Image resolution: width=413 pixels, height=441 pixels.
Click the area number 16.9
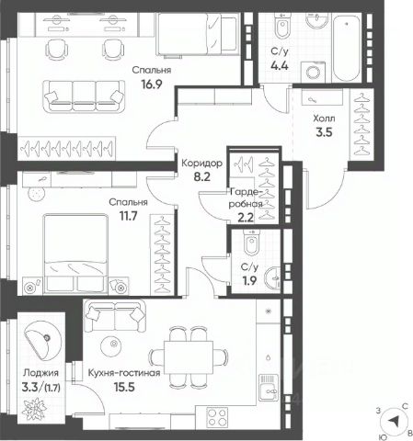[x=152, y=84]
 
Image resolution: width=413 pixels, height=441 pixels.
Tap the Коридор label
[x=201, y=164]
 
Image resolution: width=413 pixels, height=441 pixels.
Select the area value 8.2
[x=202, y=176]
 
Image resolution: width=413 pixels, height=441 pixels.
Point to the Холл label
[x=324, y=119]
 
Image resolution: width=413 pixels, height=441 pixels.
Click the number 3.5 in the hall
[x=324, y=132]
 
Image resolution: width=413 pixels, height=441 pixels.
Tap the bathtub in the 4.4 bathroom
[x=347, y=48]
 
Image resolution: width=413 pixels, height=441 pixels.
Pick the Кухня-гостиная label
[x=124, y=373]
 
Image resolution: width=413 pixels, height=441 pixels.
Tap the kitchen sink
[x=269, y=388]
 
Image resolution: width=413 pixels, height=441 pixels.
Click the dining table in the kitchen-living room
[x=189, y=357]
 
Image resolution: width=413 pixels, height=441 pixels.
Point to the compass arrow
[x=394, y=422]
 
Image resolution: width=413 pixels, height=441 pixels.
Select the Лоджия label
[x=41, y=373]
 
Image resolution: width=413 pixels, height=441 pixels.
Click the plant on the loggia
[x=33, y=409]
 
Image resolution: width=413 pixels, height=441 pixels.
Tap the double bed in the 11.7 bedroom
[x=75, y=254]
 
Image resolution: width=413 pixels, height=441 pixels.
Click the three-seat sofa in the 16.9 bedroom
[x=84, y=96]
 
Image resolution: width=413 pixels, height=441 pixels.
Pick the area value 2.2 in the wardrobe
[x=246, y=217]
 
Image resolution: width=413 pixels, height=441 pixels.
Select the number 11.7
[x=128, y=216]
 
